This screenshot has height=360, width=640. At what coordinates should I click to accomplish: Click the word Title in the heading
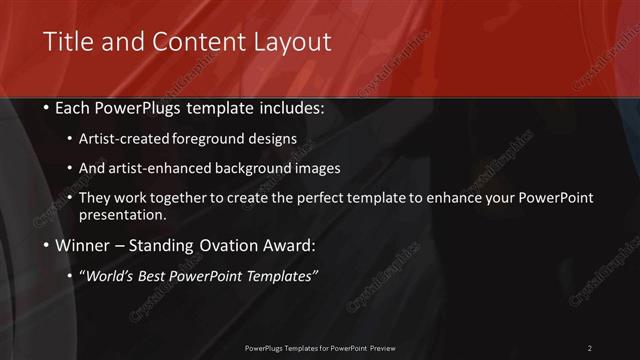[68, 42]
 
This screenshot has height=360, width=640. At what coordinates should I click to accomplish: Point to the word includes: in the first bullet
[291, 108]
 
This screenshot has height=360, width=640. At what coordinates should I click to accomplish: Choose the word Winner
[81, 245]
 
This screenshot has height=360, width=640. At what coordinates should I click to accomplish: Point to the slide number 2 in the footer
[589, 348]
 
